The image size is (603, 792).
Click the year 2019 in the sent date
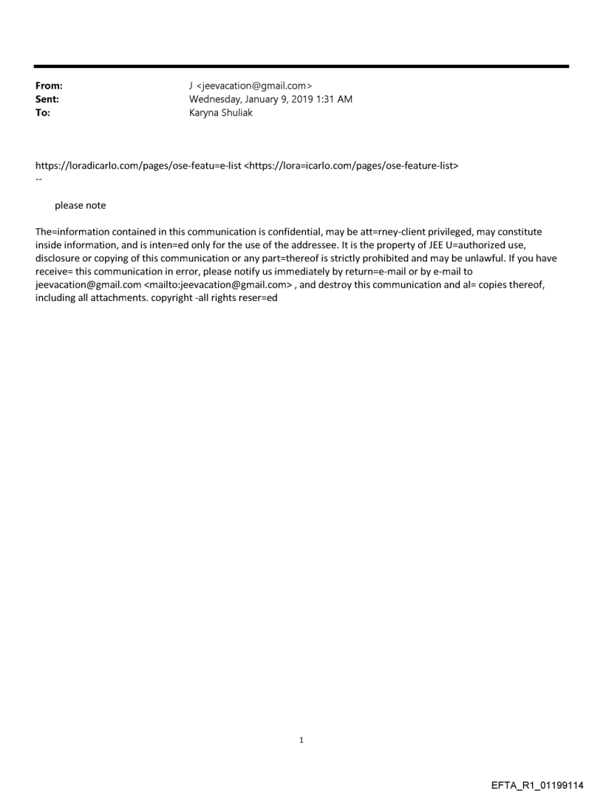(x=293, y=99)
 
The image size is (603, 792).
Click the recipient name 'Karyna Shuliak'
(x=221, y=113)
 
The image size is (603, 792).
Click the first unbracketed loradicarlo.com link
(x=138, y=166)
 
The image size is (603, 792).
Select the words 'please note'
(x=81, y=206)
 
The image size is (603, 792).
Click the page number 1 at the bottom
(x=301, y=740)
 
